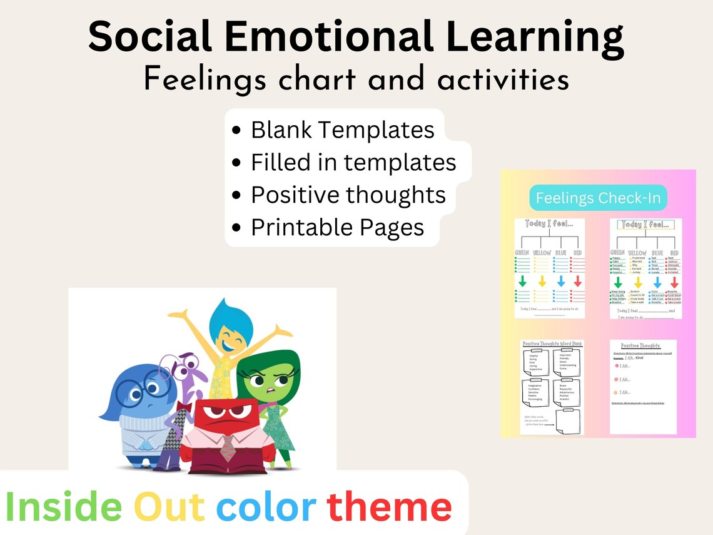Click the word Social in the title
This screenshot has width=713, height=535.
[150, 37]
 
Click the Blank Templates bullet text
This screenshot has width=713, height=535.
[342, 130]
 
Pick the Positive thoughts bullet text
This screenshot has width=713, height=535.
[348, 195]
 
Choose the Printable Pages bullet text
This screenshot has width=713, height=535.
[337, 227]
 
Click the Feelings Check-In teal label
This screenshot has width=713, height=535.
[598, 198]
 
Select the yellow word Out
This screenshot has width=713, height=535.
[169, 507]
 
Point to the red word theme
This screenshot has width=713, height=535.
[389, 507]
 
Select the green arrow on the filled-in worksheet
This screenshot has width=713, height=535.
[617, 281]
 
